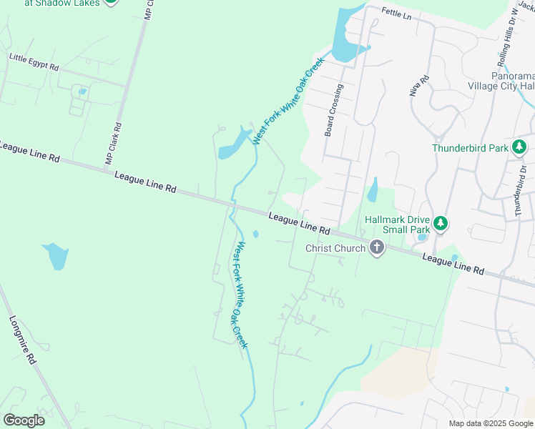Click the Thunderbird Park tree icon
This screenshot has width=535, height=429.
(x=520, y=149)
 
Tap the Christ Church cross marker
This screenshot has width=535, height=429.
(x=377, y=248)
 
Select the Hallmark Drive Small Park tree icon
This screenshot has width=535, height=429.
(x=441, y=224)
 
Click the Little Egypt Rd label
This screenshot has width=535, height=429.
(x=34, y=61)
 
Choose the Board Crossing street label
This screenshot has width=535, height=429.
(x=333, y=110)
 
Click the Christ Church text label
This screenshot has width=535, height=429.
(x=335, y=248)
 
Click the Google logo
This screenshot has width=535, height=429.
(x=24, y=420)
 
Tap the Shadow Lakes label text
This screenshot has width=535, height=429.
(x=60, y=3)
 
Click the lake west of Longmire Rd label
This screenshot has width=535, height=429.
(x=56, y=256)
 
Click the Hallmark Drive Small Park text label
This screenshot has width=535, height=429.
(x=397, y=225)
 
